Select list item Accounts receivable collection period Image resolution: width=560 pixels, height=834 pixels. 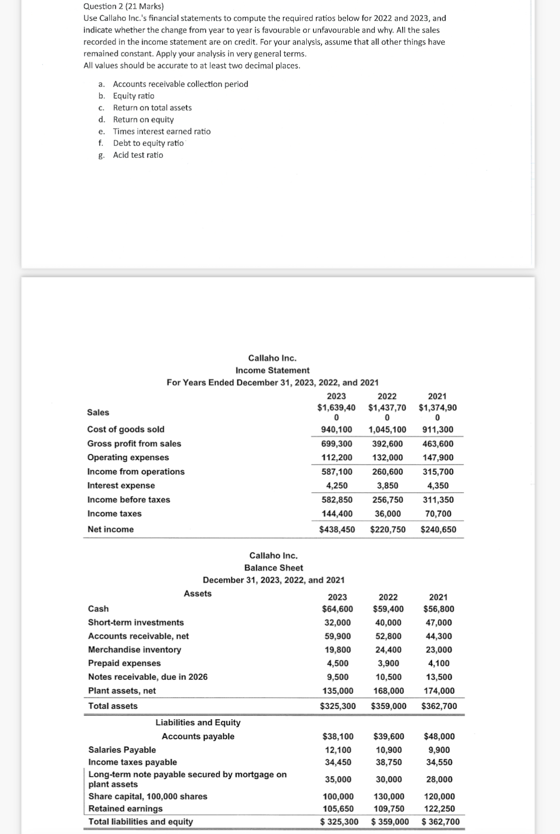coord(180,84)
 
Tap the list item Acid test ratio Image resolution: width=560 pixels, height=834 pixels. coord(138,155)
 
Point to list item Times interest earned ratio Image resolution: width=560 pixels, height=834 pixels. coord(162,132)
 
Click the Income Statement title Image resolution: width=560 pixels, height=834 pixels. coord(272,370)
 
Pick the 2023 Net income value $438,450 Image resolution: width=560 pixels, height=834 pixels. coord(337,529)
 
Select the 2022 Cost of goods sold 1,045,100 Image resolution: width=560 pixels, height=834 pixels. coord(387,429)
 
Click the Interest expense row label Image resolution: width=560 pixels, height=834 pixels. coord(121,486)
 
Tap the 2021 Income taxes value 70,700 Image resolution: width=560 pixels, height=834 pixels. coord(438,514)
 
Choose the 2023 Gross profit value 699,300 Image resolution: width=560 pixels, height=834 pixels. coord(337,444)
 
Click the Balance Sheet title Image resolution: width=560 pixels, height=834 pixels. coord(273,568)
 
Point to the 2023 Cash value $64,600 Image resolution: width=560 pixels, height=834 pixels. coord(337,609)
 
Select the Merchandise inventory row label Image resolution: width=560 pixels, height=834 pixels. coord(134,650)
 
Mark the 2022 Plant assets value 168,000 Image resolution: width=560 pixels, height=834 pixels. coord(388,691)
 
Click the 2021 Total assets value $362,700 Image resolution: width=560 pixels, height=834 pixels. coord(439,706)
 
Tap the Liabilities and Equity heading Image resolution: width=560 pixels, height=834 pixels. coord(198,723)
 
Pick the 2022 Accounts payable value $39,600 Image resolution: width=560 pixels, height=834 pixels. coord(388,736)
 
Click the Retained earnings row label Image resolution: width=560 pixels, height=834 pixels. coord(125,809)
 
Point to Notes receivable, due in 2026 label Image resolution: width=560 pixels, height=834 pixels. coord(148,677)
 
